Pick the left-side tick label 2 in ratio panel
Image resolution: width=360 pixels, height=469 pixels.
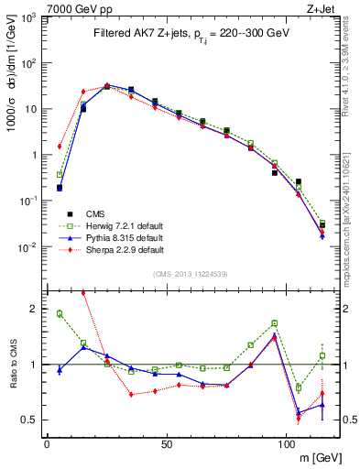coord(36,309)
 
